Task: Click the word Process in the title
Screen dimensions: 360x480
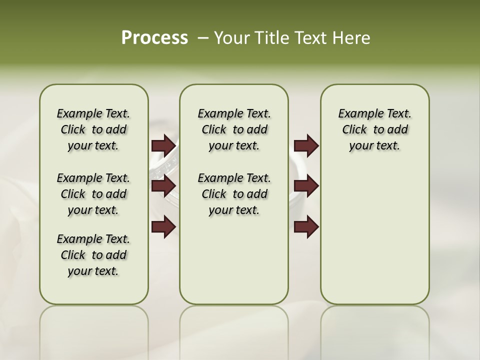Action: (x=154, y=38)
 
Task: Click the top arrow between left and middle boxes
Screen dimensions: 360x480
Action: (x=163, y=145)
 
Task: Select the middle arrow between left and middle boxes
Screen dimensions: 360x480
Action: (x=163, y=186)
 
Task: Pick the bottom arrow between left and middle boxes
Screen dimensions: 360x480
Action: (x=163, y=227)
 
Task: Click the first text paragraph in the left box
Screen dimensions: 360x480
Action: (x=93, y=129)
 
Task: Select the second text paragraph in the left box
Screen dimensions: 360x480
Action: (x=93, y=194)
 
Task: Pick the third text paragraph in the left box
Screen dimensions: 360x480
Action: (x=93, y=255)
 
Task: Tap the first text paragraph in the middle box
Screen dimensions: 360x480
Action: (x=234, y=129)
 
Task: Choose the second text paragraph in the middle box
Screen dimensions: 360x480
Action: (x=234, y=194)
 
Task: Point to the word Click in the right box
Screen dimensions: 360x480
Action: (x=354, y=130)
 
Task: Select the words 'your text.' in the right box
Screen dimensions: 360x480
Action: (x=374, y=146)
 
